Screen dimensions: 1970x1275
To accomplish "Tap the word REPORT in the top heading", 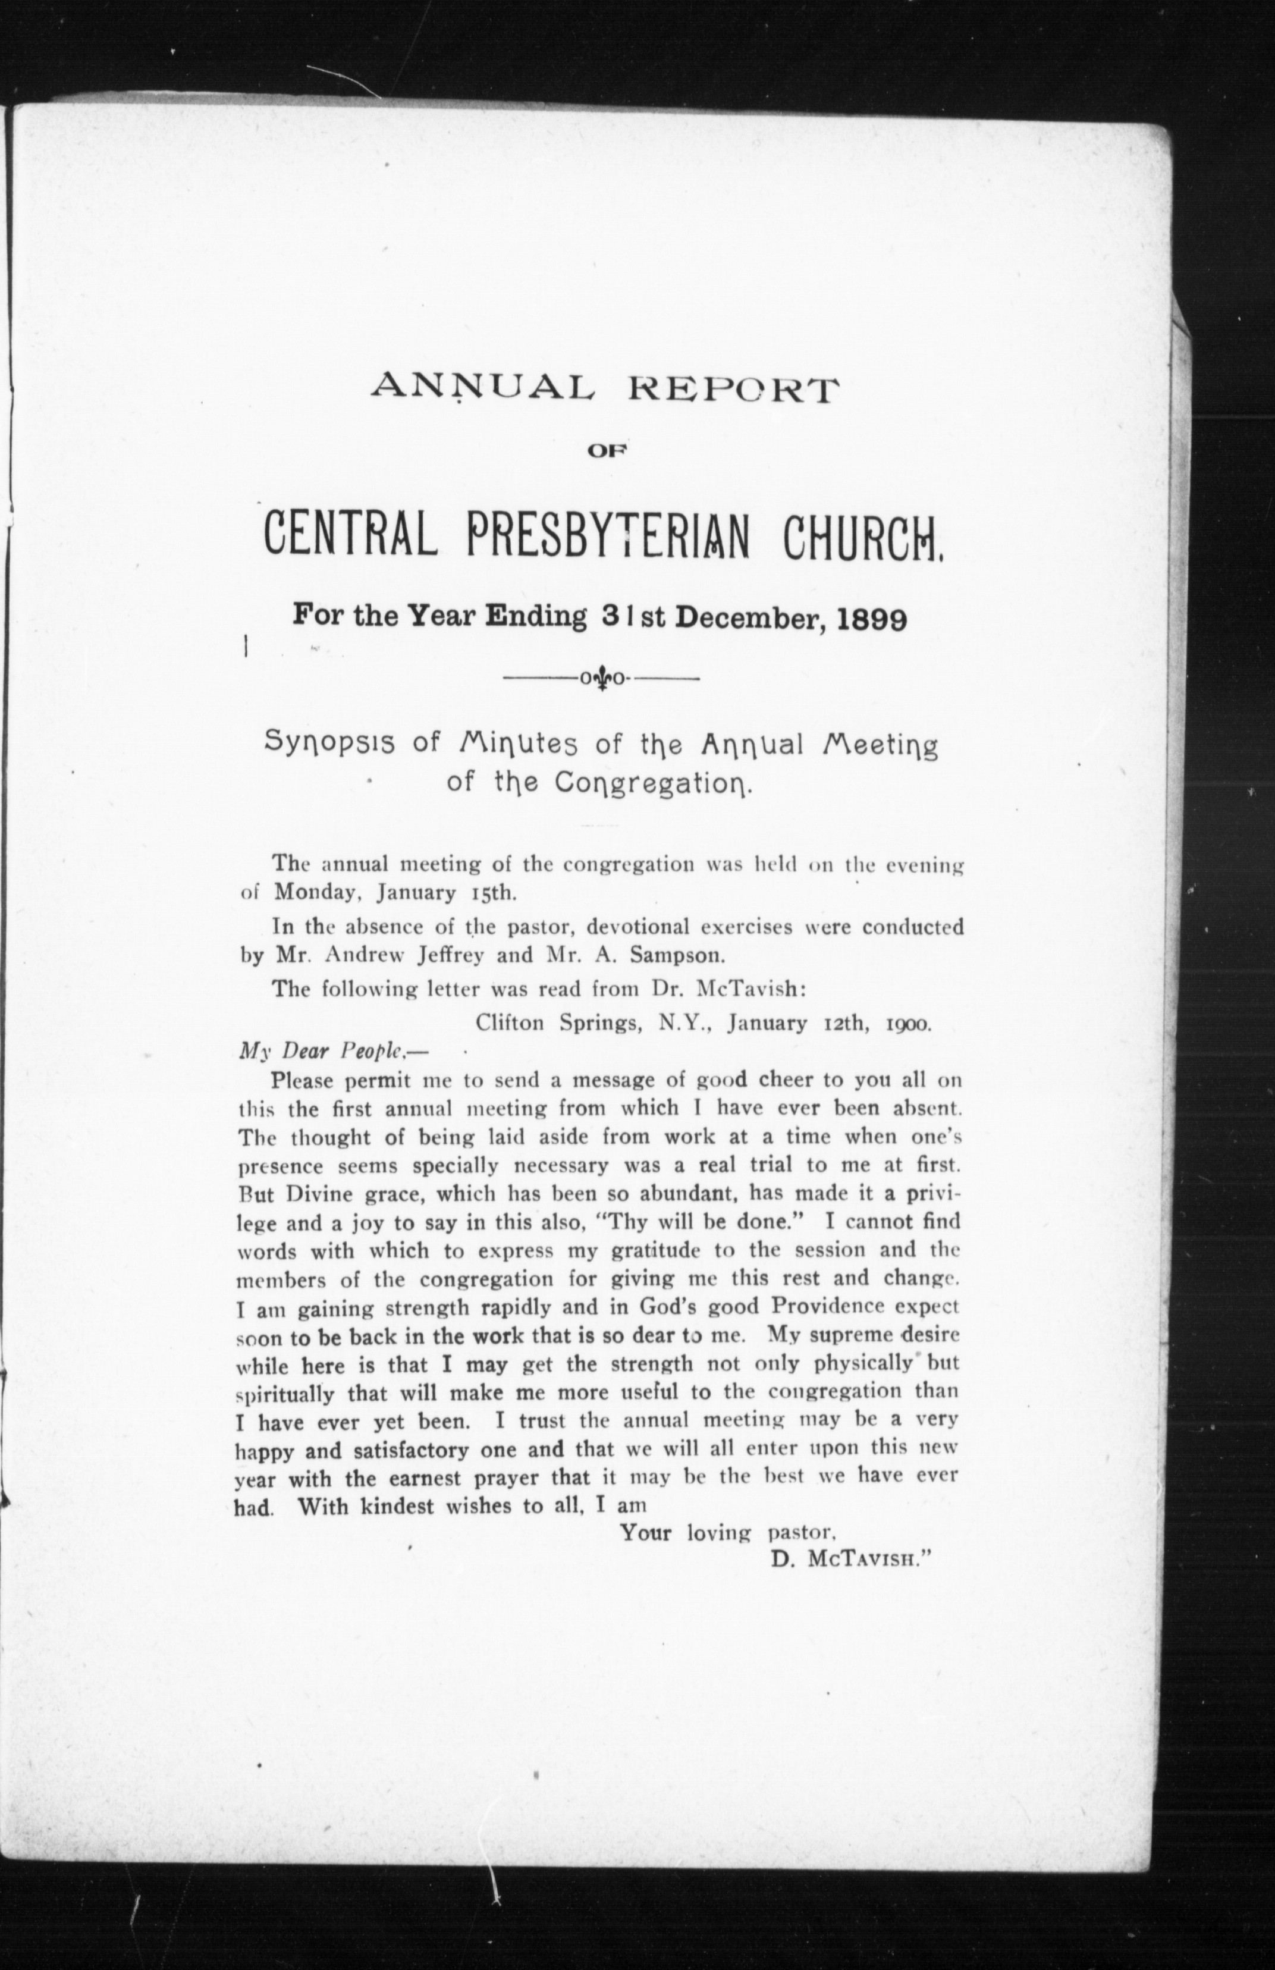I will coord(731,389).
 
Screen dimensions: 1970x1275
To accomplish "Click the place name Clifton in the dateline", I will coord(510,1023).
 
